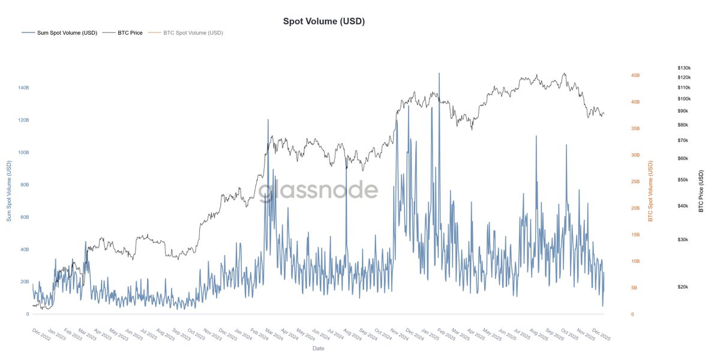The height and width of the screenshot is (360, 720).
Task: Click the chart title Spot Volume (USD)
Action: click(x=324, y=21)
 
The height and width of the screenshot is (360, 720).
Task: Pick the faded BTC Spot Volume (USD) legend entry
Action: click(x=193, y=33)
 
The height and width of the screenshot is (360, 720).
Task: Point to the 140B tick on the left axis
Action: click(x=23, y=88)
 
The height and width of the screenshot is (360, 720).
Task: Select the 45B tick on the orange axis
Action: click(x=635, y=76)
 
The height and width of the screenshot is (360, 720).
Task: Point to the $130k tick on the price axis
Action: click(x=684, y=68)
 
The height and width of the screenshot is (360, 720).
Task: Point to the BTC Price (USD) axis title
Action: click(x=701, y=191)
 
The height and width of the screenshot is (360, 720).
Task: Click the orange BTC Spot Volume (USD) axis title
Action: click(x=650, y=191)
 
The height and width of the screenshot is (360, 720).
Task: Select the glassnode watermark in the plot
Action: click(x=318, y=191)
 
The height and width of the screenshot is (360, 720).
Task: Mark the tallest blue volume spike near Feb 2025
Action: click(x=439, y=74)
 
